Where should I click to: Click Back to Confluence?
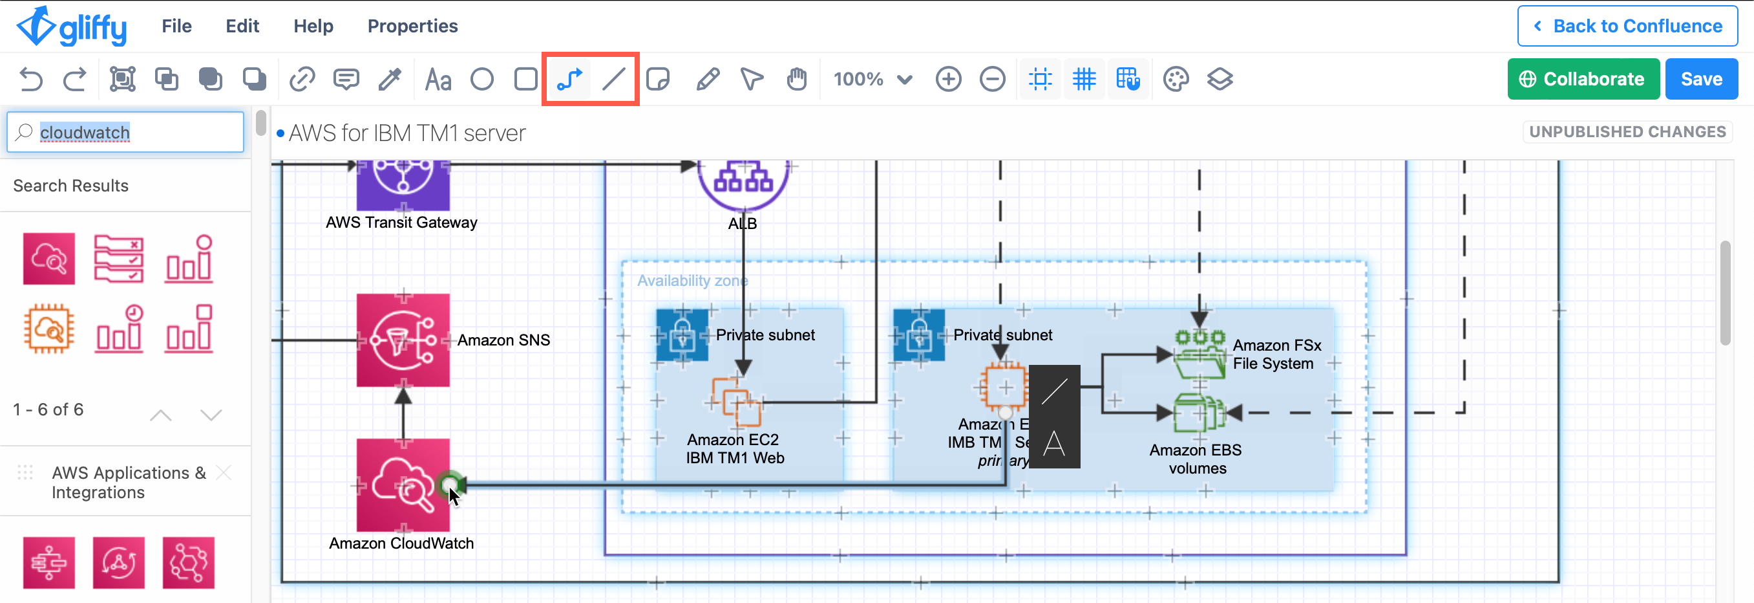click(1627, 26)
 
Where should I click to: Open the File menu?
click(176, 26)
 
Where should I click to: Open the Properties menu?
click(412, 26)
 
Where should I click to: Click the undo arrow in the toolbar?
click(30, 79)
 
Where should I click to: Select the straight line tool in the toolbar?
click(613, 79)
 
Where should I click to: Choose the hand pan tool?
click(796, 79)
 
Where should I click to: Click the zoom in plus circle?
click(948, 79)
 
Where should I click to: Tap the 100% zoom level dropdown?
click(872, 79)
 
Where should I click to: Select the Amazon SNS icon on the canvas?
click(403, 340)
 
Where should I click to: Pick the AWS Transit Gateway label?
click(401, 223)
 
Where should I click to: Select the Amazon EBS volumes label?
click(1196, 459)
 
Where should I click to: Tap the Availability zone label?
click(692, 281)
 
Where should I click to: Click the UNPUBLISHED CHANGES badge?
click(1627, 132)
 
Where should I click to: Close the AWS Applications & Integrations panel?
click(224, 472)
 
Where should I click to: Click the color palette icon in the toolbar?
click(1175, 79)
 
